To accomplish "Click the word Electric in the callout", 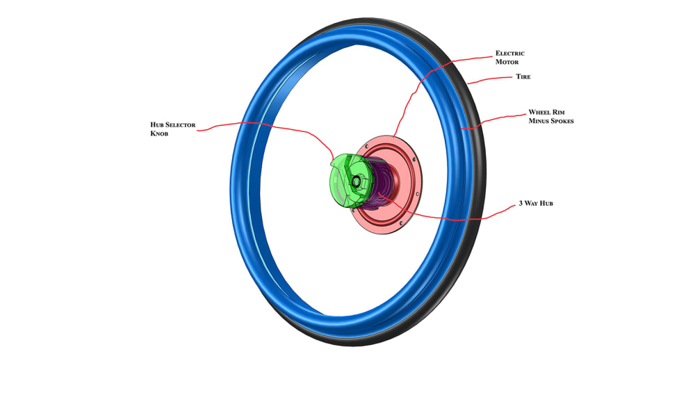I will (509, 53).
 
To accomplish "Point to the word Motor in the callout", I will (507, 62).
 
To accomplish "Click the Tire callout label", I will (523, 76).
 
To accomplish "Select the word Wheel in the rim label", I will (539, 112).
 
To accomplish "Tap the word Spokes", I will (559, 121).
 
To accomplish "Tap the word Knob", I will (161, 134).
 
